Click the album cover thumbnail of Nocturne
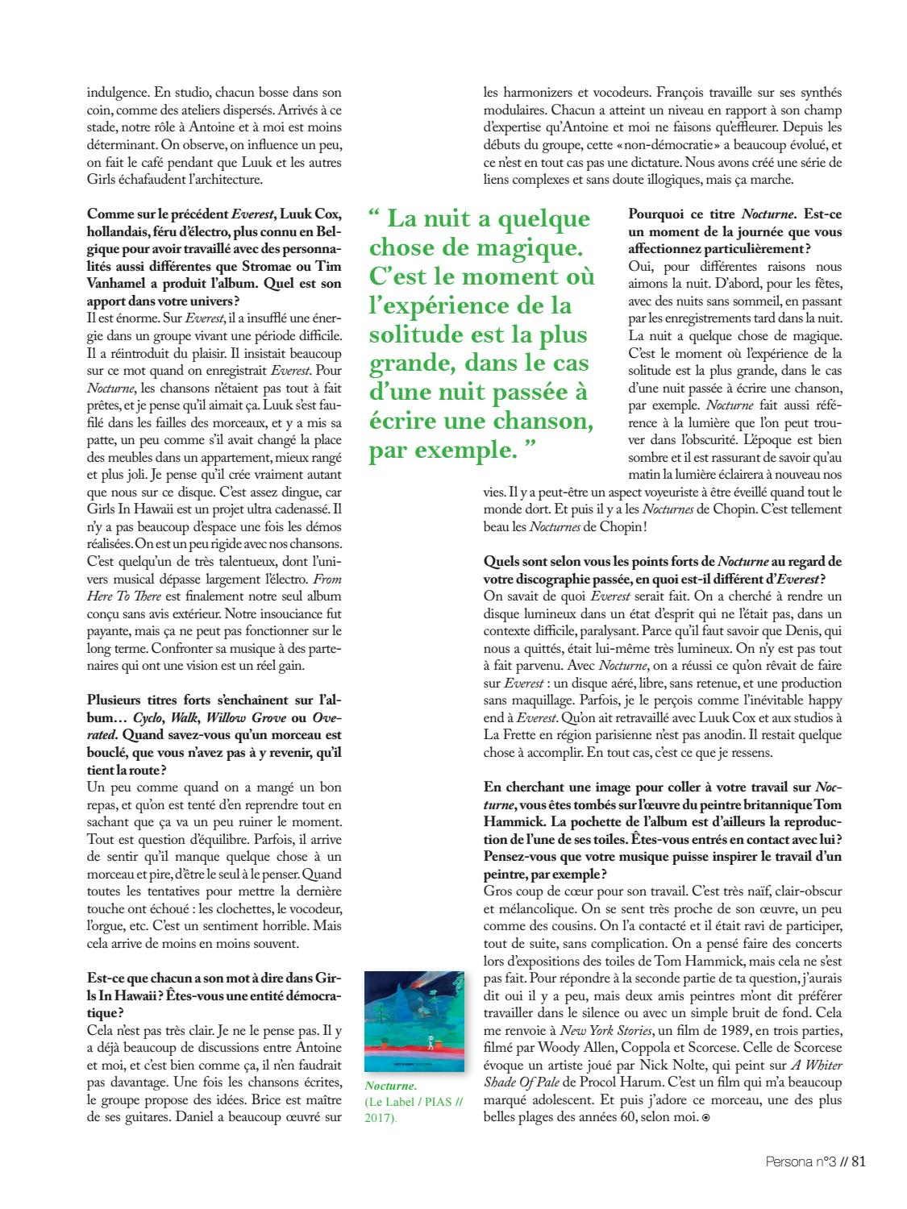coord(414,1021)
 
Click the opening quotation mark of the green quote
coord(375,218)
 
